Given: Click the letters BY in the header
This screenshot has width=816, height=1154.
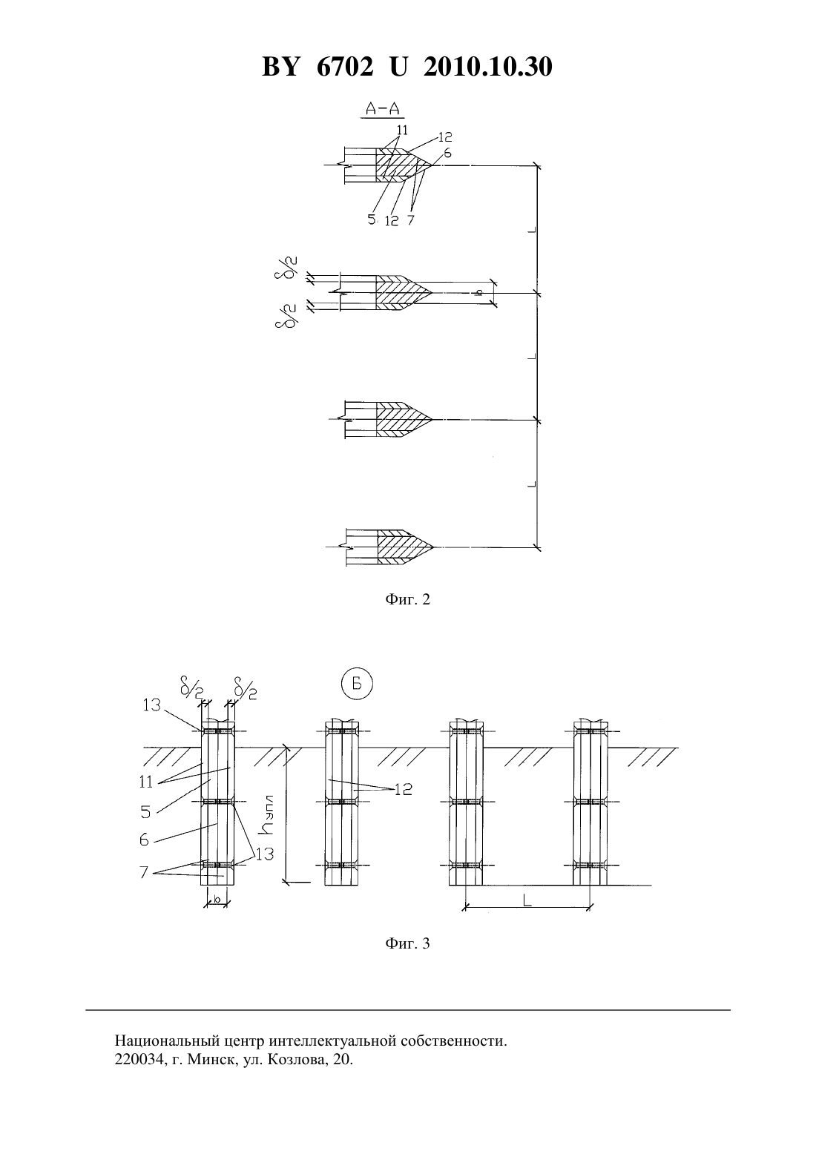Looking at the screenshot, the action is [x=280, y=67].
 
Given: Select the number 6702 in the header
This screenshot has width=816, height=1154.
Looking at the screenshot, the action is [x=345, y=67].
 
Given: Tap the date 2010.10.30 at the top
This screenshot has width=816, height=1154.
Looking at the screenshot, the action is [x=488, y=67].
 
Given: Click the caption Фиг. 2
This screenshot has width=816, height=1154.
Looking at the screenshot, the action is [x=407, y=599].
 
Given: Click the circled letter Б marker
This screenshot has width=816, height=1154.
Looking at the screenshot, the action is [x=357, y=684].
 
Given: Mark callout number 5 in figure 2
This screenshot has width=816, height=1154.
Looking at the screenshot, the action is [x=372, y=220].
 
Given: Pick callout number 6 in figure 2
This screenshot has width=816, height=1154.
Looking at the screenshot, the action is [x=447, y=153].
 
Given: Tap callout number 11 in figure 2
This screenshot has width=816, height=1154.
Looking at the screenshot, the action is [x=402, y=131].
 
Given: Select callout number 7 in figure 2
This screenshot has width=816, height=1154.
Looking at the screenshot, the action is [x=410, y=220].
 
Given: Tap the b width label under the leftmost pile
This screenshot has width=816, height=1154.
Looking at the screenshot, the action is [x=217, y=899].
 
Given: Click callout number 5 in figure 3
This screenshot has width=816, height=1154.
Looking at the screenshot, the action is [x=145, y=812].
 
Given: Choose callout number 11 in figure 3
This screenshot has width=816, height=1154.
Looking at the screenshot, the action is [x=146, y=782].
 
